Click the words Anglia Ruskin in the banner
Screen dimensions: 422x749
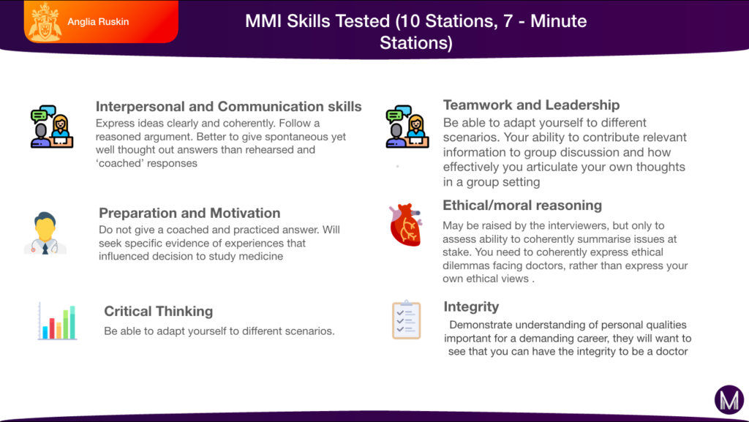point(98,22)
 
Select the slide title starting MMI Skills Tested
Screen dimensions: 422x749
point(415,22)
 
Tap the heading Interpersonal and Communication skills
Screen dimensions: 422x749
point(228,107)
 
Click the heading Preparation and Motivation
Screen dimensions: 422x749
point(189,214)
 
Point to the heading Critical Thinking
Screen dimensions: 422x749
point(158,312)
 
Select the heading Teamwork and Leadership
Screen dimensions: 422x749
point(531,105)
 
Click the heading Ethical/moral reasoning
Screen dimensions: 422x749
point(522,206)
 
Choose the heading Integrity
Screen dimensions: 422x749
point(471,306)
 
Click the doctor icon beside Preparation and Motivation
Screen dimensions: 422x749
point(45,233)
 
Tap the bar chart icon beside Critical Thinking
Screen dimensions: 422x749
point(57,322)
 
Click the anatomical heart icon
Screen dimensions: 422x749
point(404,225)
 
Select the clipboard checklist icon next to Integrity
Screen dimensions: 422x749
point(406,320)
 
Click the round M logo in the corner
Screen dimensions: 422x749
point(729,400)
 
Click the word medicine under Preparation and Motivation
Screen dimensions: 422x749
point(261,257)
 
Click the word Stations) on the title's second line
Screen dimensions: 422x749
point(415,43)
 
